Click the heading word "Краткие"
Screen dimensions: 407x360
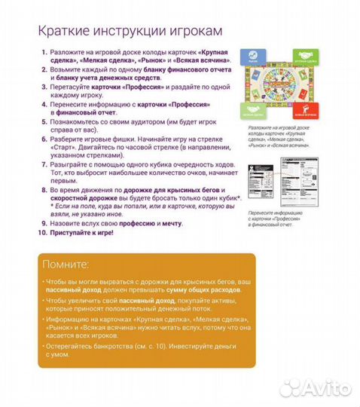63,31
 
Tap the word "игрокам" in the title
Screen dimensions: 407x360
187,31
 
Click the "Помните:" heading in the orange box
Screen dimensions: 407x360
66,265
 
